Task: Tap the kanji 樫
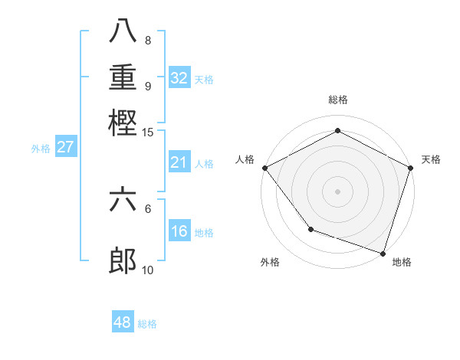(x=123, y=123)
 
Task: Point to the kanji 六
(x=123, y=201)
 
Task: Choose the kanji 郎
(x=123, y=261)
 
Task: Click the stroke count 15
(x=148, y=132)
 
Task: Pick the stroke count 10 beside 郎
(x=148, y=269)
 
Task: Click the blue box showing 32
(x=179, y=78)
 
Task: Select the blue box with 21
(x=179, y=162)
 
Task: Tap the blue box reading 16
(x=179, y=231)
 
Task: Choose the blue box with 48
(x=122, y=322)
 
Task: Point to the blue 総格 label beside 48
(x=147, y=324)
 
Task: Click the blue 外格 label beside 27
(x=41, y=149)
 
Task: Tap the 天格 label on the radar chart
(x=431, y=159)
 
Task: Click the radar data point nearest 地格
(x=383, y=253)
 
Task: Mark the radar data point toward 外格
(x=310, y=228)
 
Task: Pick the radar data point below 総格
(x=337, y=131)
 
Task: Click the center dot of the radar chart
(x=337, y=190)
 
